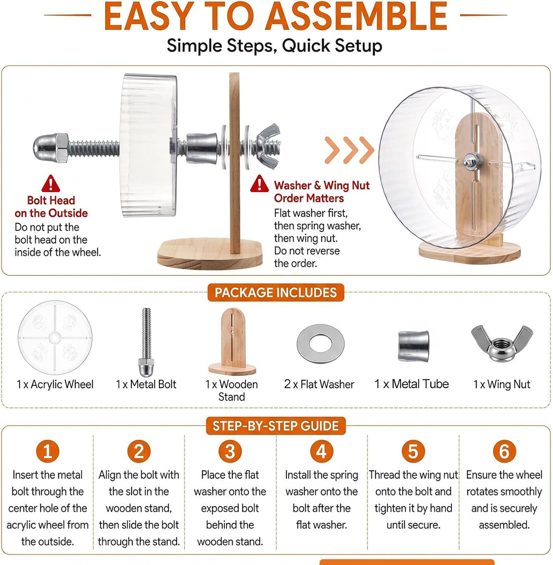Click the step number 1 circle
tap(47, 451)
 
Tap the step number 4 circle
tap(322, 451)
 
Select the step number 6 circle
tap(504, 451)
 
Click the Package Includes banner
tap(276, 292)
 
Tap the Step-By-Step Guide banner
tap(276, 426)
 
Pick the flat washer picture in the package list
tap(320, 344)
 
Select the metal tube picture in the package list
tap(413, 346)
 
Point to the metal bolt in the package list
tap(146, 342)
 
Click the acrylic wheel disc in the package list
tap(55, 338)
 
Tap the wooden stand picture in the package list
tap(232, 342)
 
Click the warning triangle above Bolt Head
tap(51, 184)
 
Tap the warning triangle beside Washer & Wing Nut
tap(259, 184)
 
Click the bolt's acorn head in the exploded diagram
tap(51, 148)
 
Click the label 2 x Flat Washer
tap(319, 384)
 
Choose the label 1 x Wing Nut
tap(502, 384)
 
